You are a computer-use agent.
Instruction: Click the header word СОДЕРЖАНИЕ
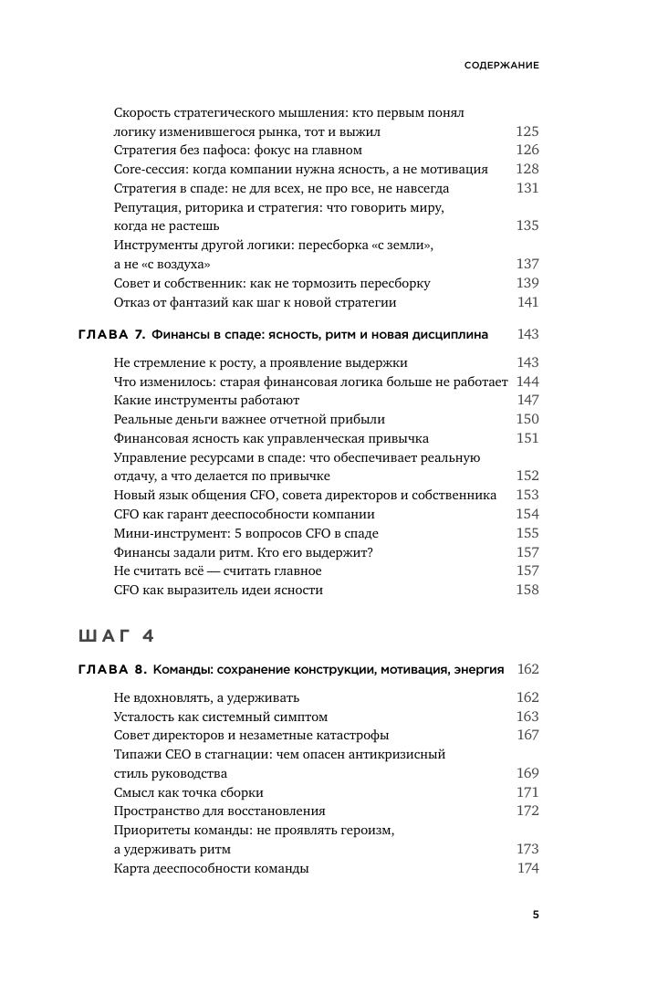tap(500, 66)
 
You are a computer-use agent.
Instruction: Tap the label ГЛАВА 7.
tap(108, 335)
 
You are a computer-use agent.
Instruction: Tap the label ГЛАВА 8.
tap(108, 669)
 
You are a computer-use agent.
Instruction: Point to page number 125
tap(527, 131)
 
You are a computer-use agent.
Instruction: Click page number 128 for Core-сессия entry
tap(527, 169)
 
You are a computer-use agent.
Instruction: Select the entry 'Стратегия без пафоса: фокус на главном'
tap(238, 150)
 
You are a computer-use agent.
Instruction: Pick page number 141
tap(528, 302)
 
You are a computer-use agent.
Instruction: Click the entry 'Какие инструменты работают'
tap(207, 400)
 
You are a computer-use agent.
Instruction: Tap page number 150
tap(527, 419)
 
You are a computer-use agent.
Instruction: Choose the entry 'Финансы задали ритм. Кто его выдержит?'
tap(232, 551)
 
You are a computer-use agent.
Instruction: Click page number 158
tap(527, 590)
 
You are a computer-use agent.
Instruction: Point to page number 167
tap(527, 735)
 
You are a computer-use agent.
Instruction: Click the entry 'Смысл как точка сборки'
tap(189, 792)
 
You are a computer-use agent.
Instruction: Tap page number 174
tap(528, 868)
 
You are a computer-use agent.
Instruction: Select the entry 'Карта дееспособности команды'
tap(212, 868)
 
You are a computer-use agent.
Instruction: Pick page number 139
tap(527, 283)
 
